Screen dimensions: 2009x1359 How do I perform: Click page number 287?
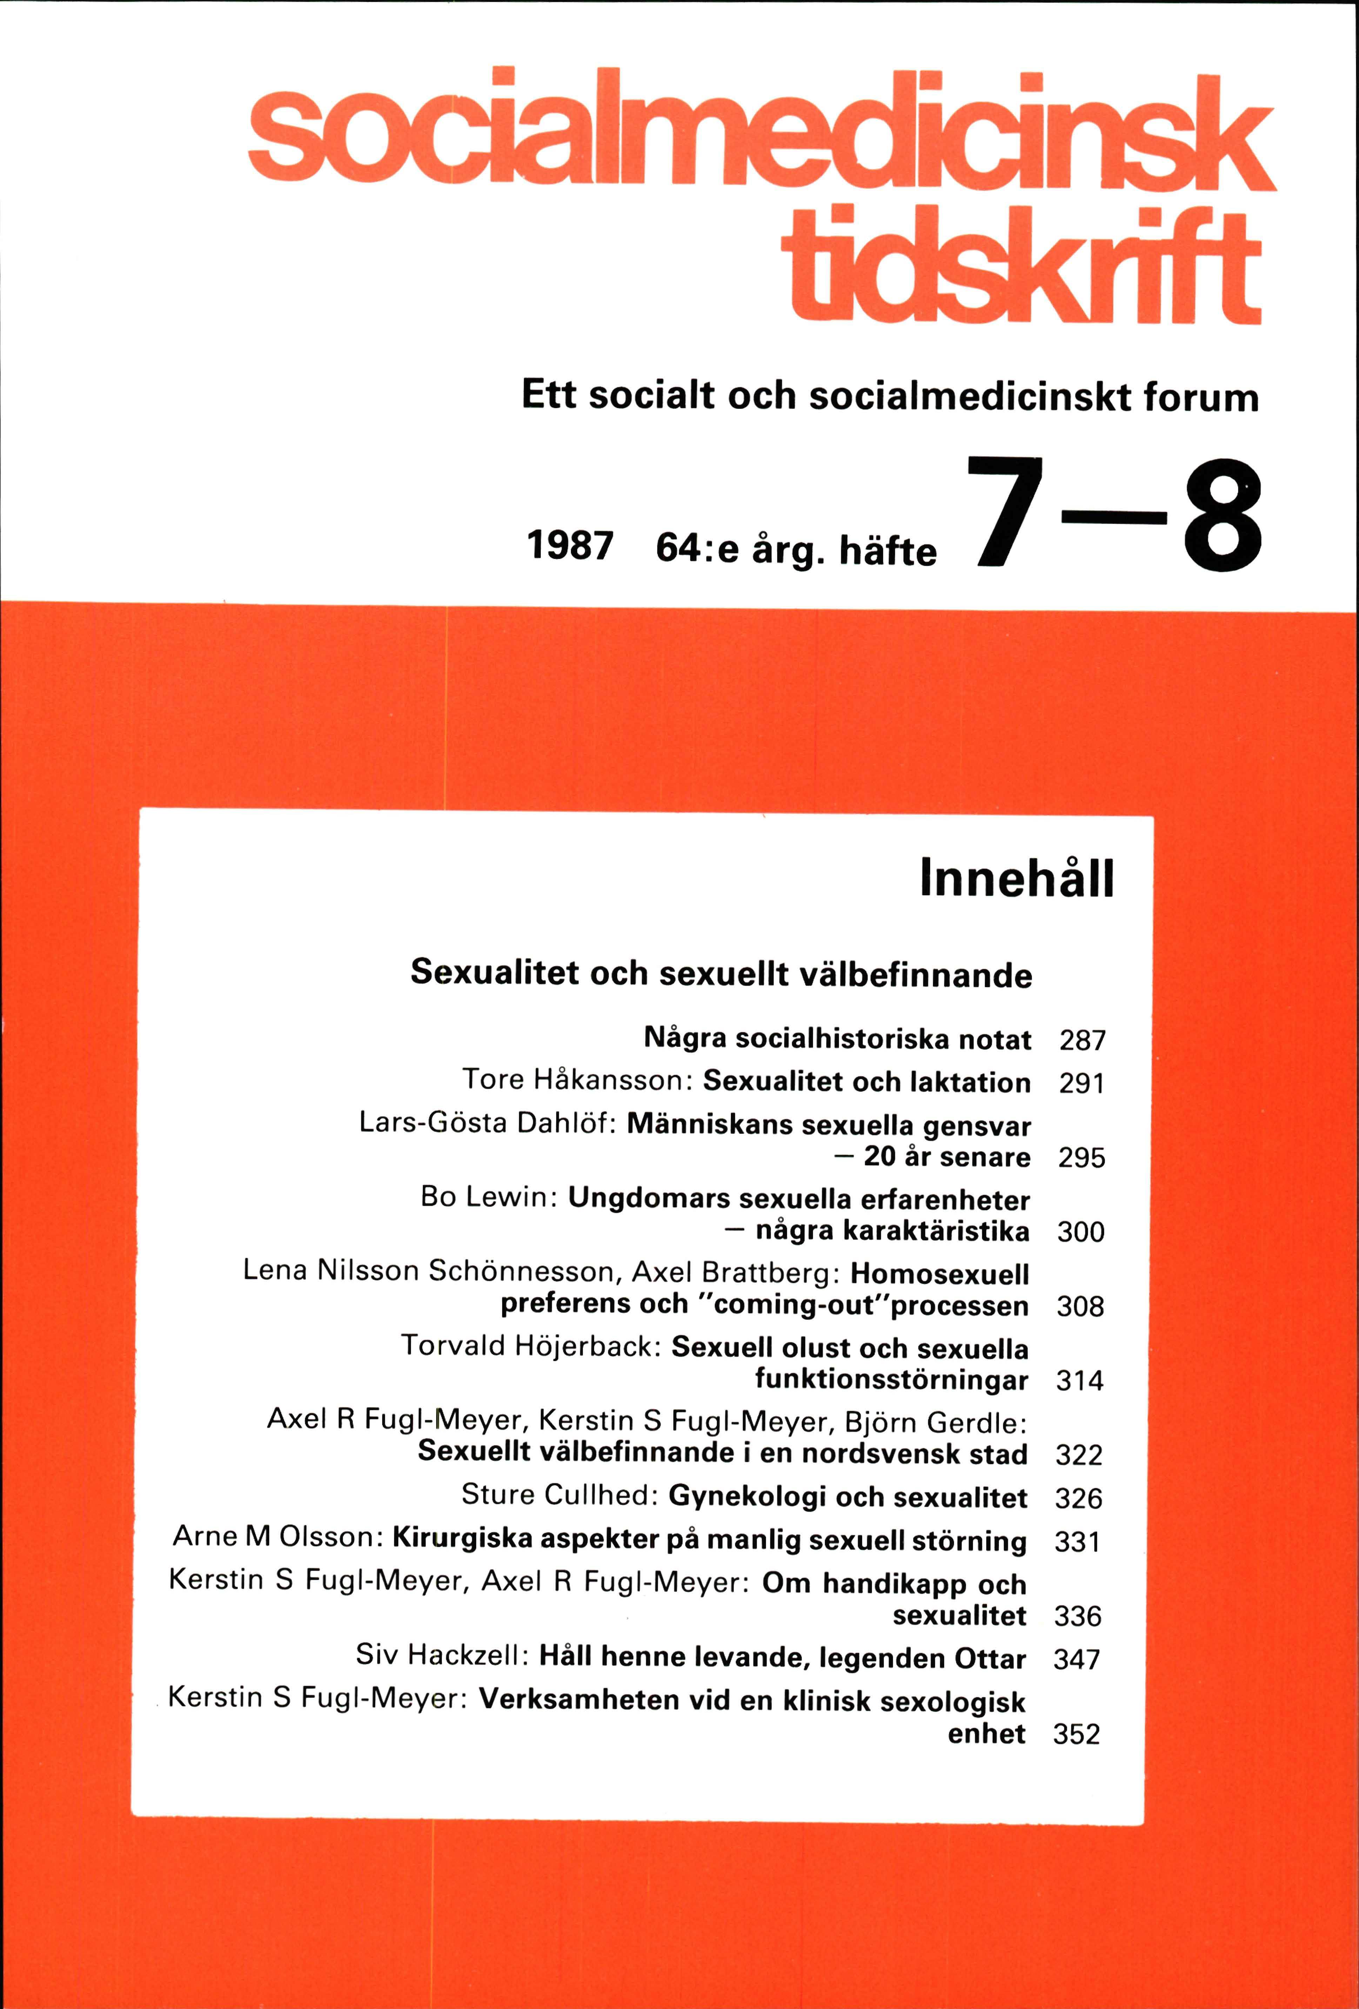[1082, 1040]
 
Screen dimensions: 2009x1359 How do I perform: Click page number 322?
[1079, 1455]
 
